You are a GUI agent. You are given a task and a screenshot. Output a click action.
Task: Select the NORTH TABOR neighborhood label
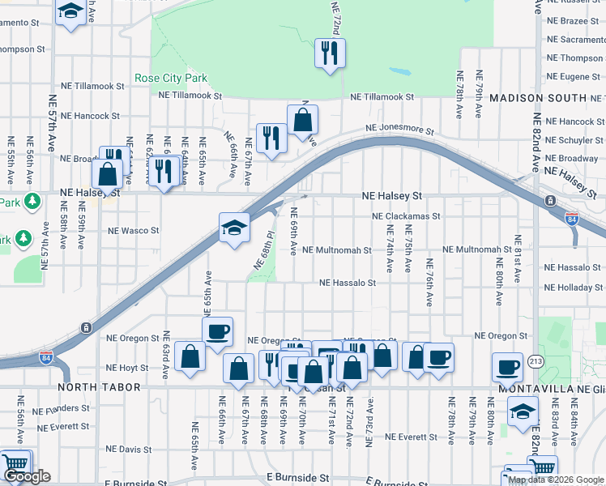point(93,388)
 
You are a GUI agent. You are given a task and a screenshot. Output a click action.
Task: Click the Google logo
point(27,477)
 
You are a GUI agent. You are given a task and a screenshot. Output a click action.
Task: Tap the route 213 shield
point(536,360)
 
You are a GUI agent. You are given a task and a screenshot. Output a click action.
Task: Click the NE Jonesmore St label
point(399,129)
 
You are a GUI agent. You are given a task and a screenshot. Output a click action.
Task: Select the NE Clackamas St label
point(406,216)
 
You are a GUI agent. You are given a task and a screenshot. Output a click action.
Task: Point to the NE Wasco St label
point(134,231)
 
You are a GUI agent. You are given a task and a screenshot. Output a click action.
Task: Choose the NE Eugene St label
point(574,76)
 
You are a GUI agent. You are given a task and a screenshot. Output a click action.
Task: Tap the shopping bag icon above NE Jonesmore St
point(303,120)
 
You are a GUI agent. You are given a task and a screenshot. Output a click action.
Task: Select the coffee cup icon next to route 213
point(508,366)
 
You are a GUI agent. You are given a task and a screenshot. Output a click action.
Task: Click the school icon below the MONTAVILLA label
point(523,412)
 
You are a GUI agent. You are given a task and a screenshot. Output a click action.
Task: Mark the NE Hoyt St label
point(134,368)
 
